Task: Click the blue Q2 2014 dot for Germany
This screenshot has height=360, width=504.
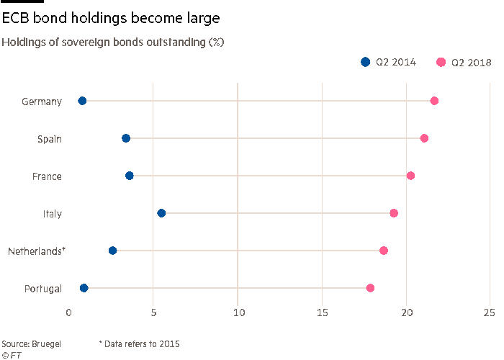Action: [x=82, y=101]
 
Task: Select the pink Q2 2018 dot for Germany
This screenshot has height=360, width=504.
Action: [x=434, y=101]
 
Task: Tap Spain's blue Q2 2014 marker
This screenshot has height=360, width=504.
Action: [x=126, y=138]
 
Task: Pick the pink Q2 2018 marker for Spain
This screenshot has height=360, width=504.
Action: [x=424, y=138]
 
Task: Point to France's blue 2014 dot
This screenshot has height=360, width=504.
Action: [x=130, y=176]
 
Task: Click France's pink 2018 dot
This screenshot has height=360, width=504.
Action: [x=410, y=176]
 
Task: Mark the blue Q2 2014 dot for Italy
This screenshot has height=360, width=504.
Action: [x=161, y=213]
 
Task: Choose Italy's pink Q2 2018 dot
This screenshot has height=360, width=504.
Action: [x=394, y=213]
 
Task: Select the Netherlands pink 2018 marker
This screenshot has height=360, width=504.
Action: [x=384, y=251]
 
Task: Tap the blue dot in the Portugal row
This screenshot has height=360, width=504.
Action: [x=84, y=288]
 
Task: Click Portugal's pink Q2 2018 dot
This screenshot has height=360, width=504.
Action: [x=370, y=288]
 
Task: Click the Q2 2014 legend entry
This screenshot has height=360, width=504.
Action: [x=389, y=63]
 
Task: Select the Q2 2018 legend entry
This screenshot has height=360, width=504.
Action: [x=464, y=63]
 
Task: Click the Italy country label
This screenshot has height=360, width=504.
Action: [x=52, y=214]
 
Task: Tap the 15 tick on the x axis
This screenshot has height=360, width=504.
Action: [x=322, y=312]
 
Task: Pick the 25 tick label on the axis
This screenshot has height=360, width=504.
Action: [x=490, y=312]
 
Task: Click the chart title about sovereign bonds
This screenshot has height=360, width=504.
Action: [x=112, y=42]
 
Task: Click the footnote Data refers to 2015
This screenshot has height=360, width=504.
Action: [x=139, y=344]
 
